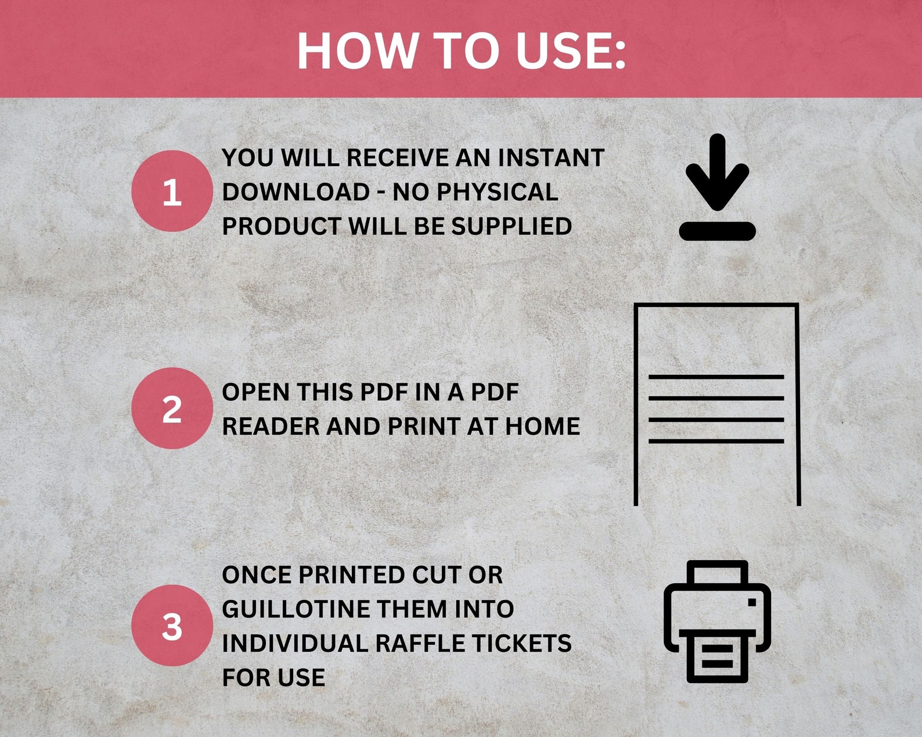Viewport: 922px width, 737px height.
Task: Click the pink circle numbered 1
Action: pos(172,192)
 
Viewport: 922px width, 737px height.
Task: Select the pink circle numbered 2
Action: pos(172,409)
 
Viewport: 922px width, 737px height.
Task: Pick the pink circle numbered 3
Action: pos(172,626)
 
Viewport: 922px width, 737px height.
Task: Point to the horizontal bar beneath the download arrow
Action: pos(717,231)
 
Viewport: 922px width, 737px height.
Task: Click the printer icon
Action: pos(717,621)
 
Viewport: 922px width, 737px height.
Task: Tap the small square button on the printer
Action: pos(752,602)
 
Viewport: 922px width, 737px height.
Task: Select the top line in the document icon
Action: pos(716,377)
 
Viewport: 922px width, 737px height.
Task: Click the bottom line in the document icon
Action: pos(716,442)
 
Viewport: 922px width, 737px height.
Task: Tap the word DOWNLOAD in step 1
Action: pos(296,192)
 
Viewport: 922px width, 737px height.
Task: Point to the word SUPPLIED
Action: pos(512,226)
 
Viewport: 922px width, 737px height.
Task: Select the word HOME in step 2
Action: pos(542,427)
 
